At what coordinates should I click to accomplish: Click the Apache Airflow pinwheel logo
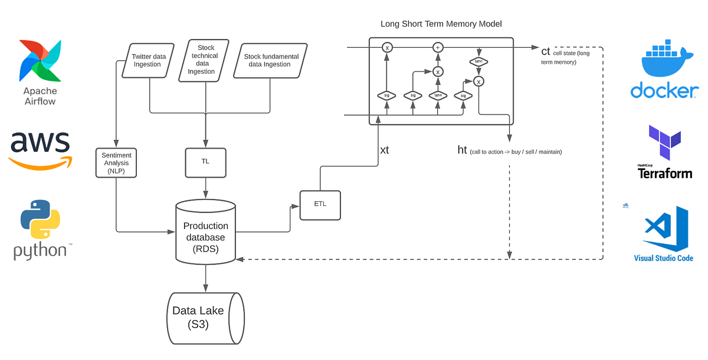coord(40,61)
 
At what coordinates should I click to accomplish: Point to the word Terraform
coord(664,174)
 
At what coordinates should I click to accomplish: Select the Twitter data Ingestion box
coord(147,60)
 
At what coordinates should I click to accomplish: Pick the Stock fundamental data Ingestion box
coord(270,60)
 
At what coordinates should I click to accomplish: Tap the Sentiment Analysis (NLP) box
coord(116,162)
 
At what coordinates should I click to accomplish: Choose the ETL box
coord(320,204)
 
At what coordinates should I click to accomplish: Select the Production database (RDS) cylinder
coord(205,234)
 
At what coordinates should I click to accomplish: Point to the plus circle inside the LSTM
coord(437,47)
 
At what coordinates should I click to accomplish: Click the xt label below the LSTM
coord(385,150)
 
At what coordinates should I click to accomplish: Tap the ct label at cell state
coord(546,51)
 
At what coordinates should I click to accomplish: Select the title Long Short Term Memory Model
coord(441,24)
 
